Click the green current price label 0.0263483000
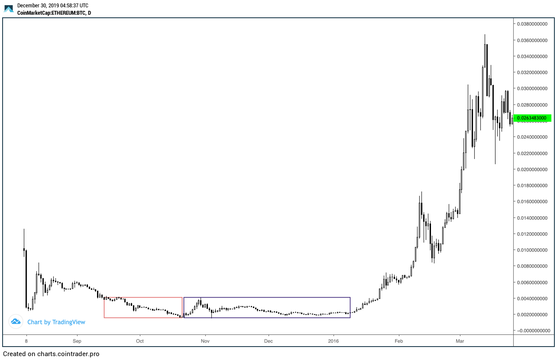pyautogui.click(x=532, y=117)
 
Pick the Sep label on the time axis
pyautogui.click(x=77, y=341)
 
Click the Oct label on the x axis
pyautogui.click(x=139, y=341)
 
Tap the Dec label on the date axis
pyautogui.click(x=269, y=341)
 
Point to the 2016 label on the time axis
pyautogui.click(x=334, y=341)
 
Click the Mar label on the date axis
pyautogui.click(x=460, y=341)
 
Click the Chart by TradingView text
pyautogui.click(x=56, y=322)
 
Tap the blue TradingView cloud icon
pyautogui.click(x=16, y=321)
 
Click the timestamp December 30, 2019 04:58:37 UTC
pyautogui.click(x=52, y=6)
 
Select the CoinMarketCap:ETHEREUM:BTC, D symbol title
pyautogui.click(x=54, y=13)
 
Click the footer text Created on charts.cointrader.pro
pyautogui.click(x=51, y=354)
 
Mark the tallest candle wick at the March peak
pyautogui.click(x=485, y=39)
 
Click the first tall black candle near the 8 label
pyautogui.click(x=26, y=277)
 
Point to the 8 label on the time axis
pyautogui.click(x=26, y=341)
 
